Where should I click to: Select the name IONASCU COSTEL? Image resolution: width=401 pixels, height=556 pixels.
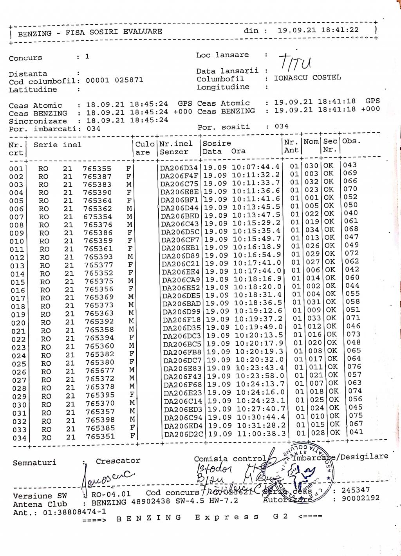click(x=307, y=78)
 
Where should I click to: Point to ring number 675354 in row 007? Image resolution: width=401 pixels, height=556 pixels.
click(x=98, y=217)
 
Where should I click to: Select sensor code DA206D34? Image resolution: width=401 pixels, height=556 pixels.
click(x=179, y=168)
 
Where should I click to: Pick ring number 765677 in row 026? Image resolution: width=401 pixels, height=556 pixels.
click(x=100, y=370)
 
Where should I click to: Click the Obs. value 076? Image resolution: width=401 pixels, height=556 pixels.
click(x=354, y=366)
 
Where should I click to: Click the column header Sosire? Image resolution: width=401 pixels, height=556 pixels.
click(x=217, y=143)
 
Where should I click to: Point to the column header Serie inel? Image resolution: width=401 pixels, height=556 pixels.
click(x=58, y=145)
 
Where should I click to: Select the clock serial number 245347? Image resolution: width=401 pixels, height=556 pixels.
click(x=355, y=490)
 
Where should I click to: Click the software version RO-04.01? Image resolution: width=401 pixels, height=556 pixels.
click(x=111, y=494)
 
